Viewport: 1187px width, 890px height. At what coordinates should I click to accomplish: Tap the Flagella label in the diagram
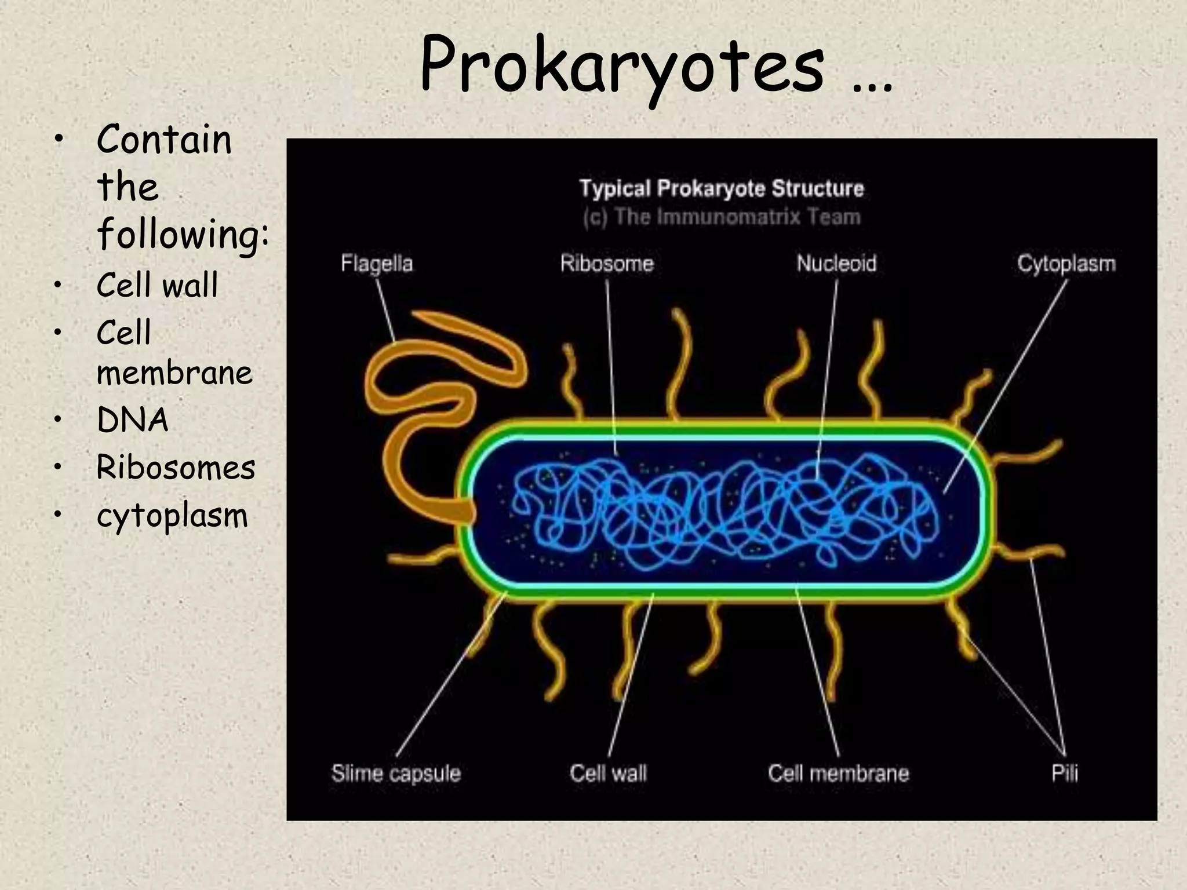[377, 264]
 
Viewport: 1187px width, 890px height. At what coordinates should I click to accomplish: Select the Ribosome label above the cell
[607, 264]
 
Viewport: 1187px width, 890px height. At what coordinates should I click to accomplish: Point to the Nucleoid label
[836, 264]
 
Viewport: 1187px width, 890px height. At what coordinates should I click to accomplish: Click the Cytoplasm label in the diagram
[1066, 264]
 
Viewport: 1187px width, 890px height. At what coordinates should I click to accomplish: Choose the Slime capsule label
[396, 773]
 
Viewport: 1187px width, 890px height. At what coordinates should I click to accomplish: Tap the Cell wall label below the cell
[608, 773]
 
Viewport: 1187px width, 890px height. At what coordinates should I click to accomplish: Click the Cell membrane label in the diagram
[838, 773]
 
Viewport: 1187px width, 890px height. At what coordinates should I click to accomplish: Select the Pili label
[1065, 773]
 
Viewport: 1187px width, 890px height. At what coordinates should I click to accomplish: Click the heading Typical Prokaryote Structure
[722, 188]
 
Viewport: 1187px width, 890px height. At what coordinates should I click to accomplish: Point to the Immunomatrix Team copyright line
[722, 217]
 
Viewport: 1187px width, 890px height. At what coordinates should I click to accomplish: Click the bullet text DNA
[133, 420]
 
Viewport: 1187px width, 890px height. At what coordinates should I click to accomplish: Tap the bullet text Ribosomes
[176, 468]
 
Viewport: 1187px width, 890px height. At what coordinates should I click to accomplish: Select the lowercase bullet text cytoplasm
[172, 516]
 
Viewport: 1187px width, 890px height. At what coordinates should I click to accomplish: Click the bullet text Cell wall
[157, 285]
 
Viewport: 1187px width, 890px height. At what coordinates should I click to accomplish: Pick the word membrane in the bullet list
[174, 373]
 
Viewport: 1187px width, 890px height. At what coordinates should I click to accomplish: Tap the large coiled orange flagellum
[406, 406]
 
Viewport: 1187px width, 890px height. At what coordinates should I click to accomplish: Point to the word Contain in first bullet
[164, 140]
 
